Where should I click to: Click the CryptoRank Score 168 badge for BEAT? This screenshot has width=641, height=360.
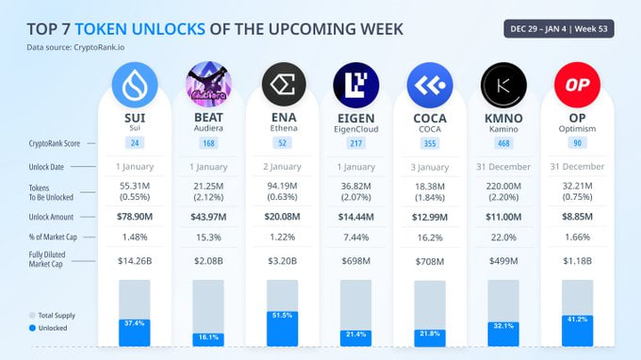pyautogui.click(x=208, y=143)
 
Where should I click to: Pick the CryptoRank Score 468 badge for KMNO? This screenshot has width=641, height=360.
pyautogui.click(x=502, y=143)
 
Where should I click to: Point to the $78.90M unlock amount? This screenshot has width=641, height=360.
pyautogui.click(x=135, y=218)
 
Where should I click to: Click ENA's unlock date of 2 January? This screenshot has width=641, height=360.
pyautogui.click(x=282, y=167)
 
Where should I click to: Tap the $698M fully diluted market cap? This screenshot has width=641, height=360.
pyautogui.click(x=355, y=260)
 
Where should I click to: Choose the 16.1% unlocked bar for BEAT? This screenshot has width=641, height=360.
pyautogui.click(x=208, y=336)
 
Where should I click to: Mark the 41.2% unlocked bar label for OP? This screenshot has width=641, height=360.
pyautogui.click(x=576, y=320)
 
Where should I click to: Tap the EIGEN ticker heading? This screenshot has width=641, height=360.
pyautogui.click(x=355, y=117)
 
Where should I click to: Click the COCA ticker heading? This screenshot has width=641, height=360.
pyautogui.click(x=429, y=117)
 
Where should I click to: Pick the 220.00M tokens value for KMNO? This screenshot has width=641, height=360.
pyautogui.click(x=502, y=187)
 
